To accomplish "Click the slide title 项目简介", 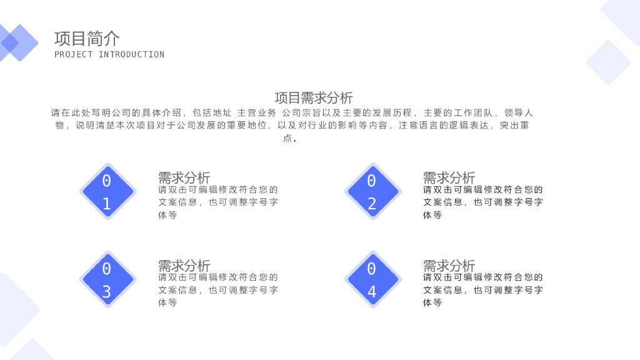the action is coord(87,39).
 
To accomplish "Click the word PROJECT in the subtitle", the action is coord(74,55).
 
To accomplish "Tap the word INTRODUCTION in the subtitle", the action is coord(131,55).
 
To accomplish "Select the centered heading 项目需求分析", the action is coord(314,97).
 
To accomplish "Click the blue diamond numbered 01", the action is coord(107,191).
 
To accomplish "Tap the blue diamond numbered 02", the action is coord(372,191).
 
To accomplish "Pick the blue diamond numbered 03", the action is coord(107,279).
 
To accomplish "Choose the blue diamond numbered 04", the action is coord(372,279).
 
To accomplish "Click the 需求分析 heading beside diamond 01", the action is coord(184,177).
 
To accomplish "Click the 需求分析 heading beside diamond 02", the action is coord(449,177).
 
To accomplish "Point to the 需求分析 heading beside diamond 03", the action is coord(184,266).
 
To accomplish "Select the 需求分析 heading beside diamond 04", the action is coord(449,266).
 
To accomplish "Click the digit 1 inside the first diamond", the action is coord(107,204).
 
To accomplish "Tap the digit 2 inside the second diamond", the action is coord(372,204).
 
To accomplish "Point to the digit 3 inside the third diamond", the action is coord(107,292).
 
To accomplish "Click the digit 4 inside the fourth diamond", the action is coord(372,292).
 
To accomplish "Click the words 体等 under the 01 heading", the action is coord(167,215).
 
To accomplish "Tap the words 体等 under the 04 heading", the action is coord(432,302).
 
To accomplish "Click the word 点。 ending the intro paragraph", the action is coord(290,138).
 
